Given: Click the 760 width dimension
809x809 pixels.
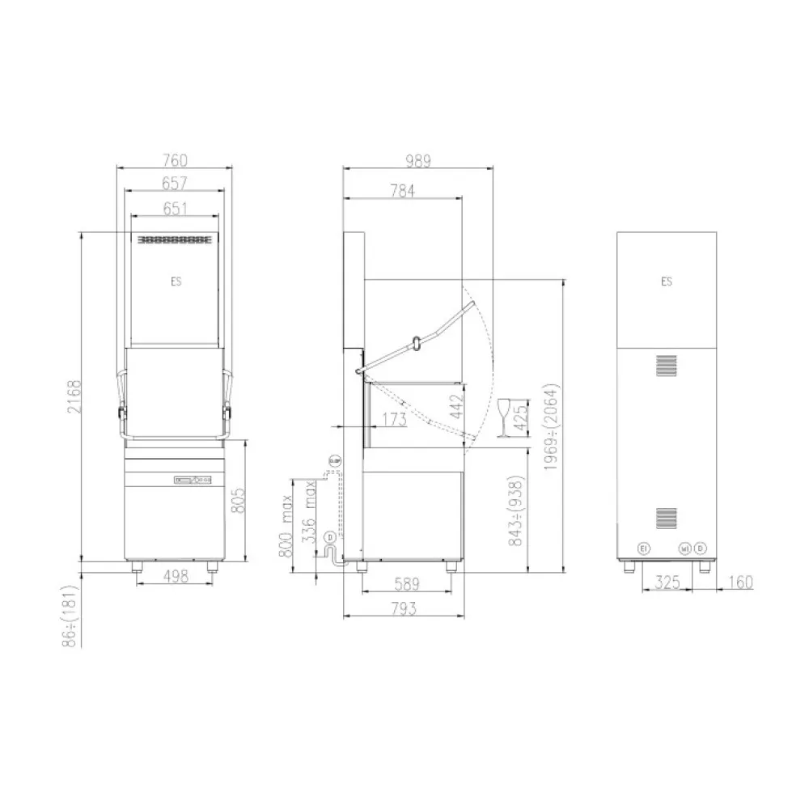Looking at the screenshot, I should click(176, 160).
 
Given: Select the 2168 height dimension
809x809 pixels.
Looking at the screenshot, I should click(74, 396).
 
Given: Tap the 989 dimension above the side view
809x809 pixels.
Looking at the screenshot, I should click(417, 160).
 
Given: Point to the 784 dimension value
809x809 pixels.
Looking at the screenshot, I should click(401, 191).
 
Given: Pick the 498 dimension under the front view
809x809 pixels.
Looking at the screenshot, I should click(176, 576).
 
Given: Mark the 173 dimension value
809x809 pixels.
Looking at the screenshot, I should click(393, 419).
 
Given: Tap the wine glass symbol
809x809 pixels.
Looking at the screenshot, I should click(504, 416).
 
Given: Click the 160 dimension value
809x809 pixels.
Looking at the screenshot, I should click(739, 582).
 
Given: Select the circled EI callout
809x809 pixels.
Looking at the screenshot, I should click(644, 549).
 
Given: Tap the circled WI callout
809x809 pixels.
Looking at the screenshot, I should click(684, 549).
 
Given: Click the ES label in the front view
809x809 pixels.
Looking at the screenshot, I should click(176, 282).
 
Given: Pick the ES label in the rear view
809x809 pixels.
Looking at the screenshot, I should click(666, 282).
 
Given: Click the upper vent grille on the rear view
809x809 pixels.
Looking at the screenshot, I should click(666, 366).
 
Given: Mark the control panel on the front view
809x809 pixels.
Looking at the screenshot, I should click(193, 480).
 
